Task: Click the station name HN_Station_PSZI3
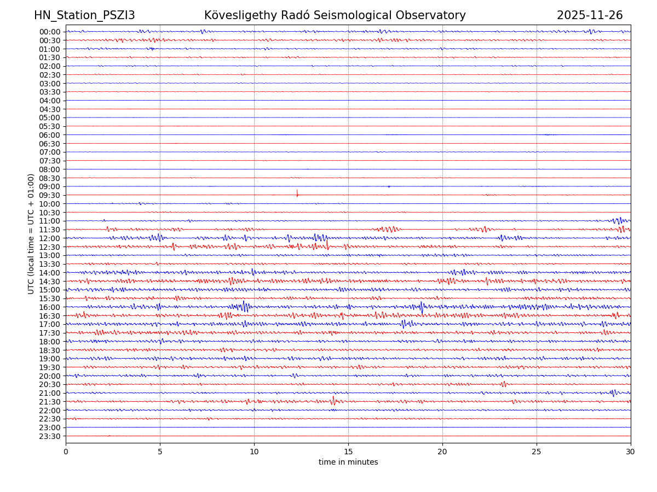[84, 15]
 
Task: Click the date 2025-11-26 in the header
[590, 15]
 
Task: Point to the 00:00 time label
[50, 32]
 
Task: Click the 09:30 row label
[50, 195]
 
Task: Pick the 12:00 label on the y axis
[50, 238]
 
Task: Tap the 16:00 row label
[50, 307]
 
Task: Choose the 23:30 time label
[50, 436]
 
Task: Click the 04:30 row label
[50, 109]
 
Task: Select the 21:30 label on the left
[50, 402]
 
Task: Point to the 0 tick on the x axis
[66, 452]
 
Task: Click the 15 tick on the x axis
[348, 452]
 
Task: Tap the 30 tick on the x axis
[631, 452]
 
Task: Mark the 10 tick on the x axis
[254, 452]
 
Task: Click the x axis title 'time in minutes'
[348, 462]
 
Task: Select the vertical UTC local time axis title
[31, 234]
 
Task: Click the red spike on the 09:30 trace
[297, 193]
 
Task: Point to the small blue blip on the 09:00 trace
[389, 186]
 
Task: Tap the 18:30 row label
[50, 350]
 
